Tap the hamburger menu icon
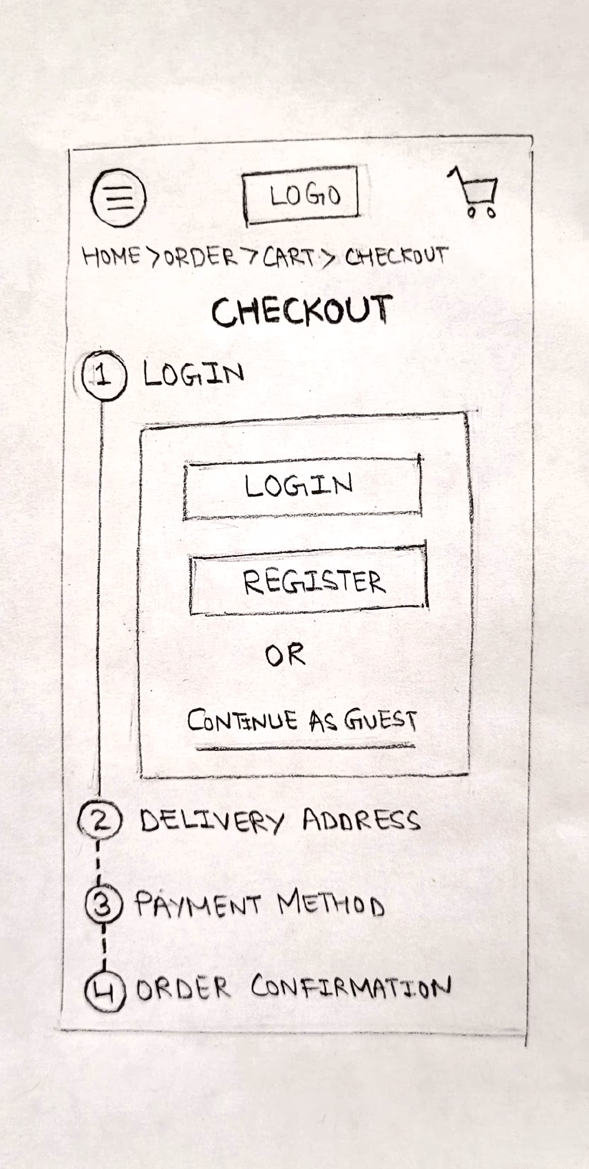point(118,198)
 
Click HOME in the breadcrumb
point(111,256)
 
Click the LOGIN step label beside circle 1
point(193,374)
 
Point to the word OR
point(285,655)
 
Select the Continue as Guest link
point(302,721)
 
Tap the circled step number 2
point(100,820)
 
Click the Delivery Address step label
point(279,820)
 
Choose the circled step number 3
point(103,904)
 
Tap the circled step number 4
point(105,992)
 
